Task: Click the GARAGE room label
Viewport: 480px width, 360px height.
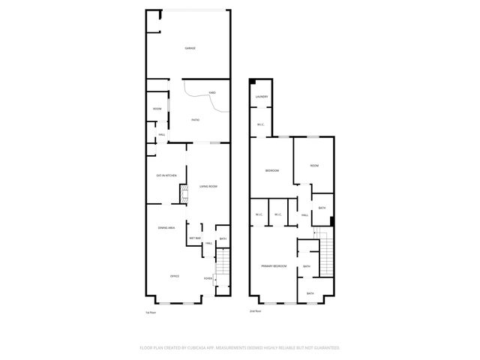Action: pos(190,49)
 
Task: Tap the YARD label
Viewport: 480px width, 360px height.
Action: pos(212,92)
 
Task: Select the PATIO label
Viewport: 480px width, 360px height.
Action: pos(195,120)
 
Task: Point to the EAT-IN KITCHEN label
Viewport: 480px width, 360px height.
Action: pos(166,175)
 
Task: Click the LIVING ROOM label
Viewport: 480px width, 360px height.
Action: pos(208,186)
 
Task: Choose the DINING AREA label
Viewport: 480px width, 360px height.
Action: pos(166,228)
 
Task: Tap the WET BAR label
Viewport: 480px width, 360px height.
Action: pos(194,238)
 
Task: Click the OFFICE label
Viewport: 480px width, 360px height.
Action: pos(174,276)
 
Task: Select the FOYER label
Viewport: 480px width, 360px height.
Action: pos(208,278)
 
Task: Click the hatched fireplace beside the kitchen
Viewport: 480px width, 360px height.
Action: pos(182,195)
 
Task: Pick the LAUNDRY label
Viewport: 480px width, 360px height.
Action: pos(261,97)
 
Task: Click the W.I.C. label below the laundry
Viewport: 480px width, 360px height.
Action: pos(260,124)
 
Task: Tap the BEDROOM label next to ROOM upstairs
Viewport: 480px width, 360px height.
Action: pos(271,171)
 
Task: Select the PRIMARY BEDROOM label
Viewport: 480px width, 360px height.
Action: pos(273,266)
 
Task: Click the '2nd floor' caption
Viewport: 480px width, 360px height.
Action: pos(256,311)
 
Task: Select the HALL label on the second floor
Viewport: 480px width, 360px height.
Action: pos(304,215)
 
